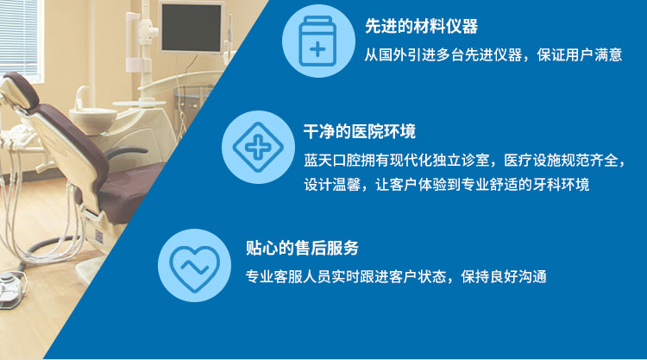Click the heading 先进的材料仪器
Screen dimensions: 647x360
[x=421, y=27]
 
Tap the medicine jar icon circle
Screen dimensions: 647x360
[x=318, y=41]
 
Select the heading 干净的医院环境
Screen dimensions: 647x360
[x=360, y=132]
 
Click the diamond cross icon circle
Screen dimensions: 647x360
[x=258, y=147]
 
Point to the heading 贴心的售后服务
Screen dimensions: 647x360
[x=302, y=248]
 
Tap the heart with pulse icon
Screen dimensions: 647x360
[x=194, y=265]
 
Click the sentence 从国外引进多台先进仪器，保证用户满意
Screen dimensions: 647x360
[x=493, y=55]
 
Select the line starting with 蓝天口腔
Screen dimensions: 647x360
[x=464, y=161]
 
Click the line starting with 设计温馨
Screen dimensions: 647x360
[x=447, y=185]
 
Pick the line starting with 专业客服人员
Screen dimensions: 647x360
[x=396, y=276]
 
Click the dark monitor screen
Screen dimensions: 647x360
[x=192, y=28]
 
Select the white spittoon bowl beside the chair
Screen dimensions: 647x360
[x=93, y=115]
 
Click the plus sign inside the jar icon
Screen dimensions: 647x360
[x=317, y=50]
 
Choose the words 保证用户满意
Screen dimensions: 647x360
[x=580, y=55]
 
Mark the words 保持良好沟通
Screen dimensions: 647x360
[x=505, y=276]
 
